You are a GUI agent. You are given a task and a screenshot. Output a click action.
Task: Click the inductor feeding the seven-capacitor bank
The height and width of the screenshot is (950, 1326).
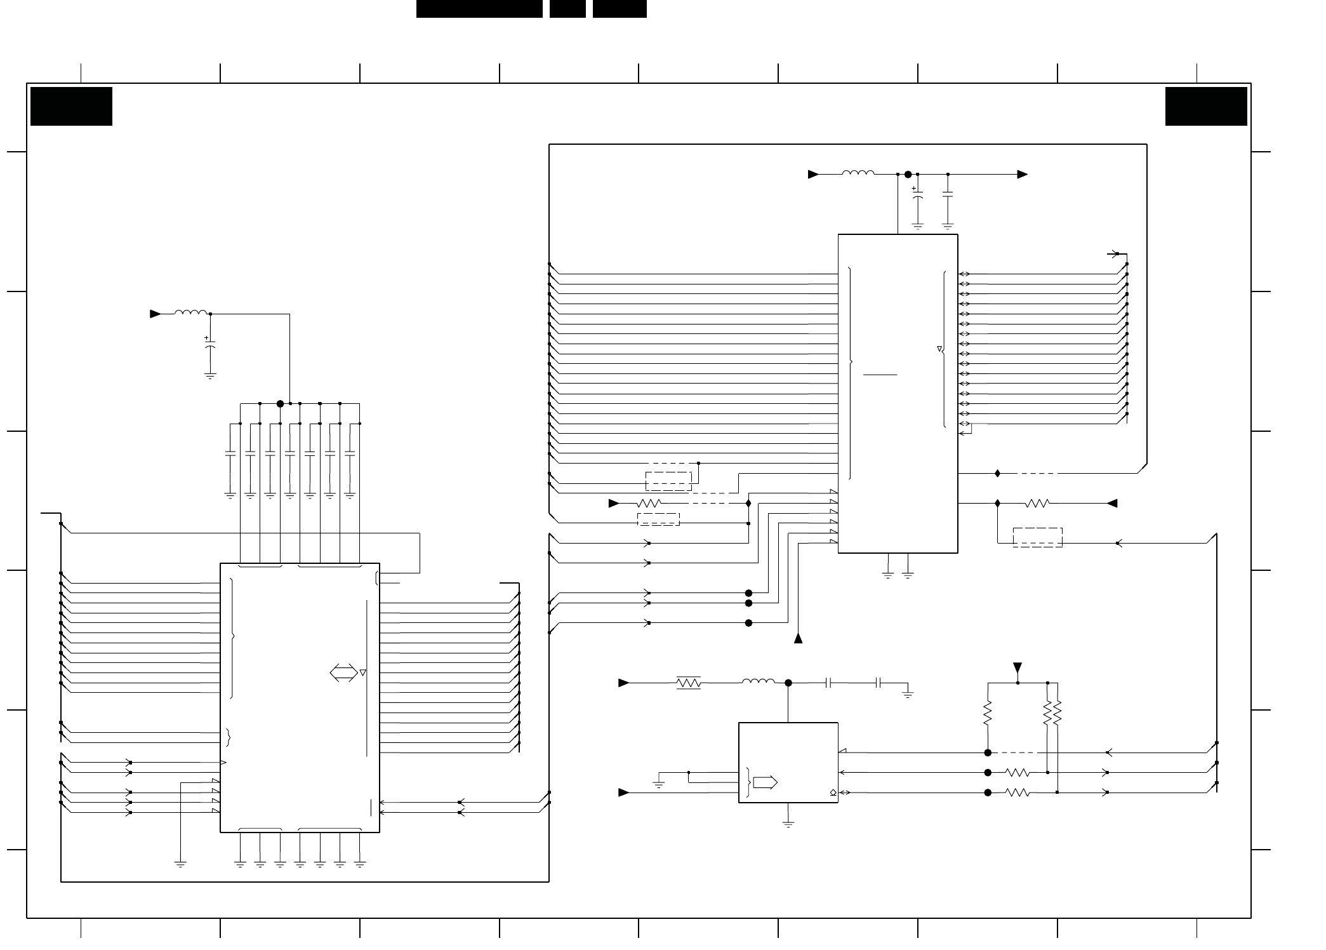(x=191, y=312)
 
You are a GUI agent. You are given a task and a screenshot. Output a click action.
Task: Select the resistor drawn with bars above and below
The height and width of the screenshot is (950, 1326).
(x=689, y=683)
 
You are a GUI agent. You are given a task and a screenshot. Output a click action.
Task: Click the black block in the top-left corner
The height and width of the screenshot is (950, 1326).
(x=71, y=106)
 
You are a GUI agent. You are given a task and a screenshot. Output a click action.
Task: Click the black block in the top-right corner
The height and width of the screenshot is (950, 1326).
(x=1206, y=106)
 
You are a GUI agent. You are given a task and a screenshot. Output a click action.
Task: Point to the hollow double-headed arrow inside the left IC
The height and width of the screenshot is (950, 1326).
(x=343, y=672)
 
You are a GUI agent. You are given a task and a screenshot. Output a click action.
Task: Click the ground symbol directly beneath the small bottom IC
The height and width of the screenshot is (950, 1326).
(x=788, y=824)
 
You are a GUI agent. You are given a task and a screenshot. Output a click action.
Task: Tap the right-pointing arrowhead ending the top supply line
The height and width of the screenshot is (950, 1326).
(x=1022, y=174)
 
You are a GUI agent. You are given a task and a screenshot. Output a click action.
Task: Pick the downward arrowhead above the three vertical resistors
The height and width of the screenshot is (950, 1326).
(x=1018, y=667)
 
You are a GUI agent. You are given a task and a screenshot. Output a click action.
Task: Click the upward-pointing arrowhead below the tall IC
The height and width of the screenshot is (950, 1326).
(x=799, y=638)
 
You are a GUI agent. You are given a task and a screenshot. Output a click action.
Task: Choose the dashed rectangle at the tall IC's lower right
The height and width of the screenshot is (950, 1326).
(x=1037, y=537)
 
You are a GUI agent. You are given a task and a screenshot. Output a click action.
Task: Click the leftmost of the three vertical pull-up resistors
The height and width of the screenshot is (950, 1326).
(x=988, y=712)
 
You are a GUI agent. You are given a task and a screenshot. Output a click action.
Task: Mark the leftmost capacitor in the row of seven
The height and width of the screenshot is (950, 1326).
(x=230, y=454)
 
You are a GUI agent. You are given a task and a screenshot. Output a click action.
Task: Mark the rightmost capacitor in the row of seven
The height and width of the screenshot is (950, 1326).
(x=349, y=454)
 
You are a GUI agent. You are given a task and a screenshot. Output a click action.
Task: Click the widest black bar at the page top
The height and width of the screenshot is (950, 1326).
(x=479, y=9)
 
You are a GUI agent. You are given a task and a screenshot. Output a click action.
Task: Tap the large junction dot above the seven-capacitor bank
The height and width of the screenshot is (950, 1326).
(x=280, y=404)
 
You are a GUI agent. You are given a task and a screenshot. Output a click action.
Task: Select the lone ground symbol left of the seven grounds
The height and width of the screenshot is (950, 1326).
(x=180, y=863)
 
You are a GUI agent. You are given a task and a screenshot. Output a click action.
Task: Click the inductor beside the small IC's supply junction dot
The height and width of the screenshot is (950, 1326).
(x=758, y=682)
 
